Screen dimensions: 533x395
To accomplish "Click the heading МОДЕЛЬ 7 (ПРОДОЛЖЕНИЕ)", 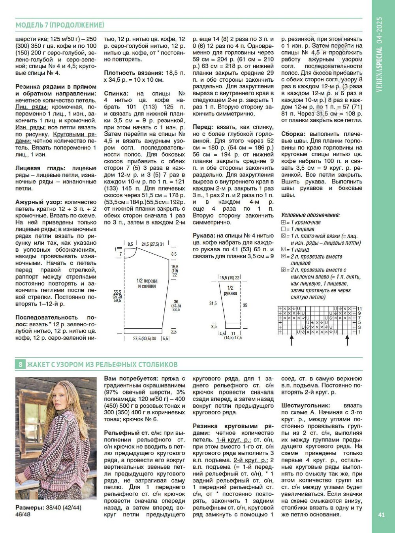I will pos(60,25).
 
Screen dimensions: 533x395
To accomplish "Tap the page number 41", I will pos(381,514).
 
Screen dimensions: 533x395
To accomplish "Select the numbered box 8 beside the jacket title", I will pos(20,364).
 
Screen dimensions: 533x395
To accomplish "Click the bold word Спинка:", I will pos(116,94).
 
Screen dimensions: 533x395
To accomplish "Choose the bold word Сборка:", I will pos(294,134).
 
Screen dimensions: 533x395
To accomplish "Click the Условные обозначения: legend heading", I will pos(310,215).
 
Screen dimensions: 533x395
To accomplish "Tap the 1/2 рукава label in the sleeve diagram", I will pos(230,291).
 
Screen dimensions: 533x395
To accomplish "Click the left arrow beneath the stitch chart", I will pos(292,340).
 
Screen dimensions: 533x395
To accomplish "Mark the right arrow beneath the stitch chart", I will pos(348,340).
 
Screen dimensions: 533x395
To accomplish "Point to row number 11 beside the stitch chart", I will pos(359,309).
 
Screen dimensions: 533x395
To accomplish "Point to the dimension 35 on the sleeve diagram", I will pos(245,305).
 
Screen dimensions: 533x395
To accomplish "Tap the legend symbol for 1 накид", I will pos(283,250).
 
